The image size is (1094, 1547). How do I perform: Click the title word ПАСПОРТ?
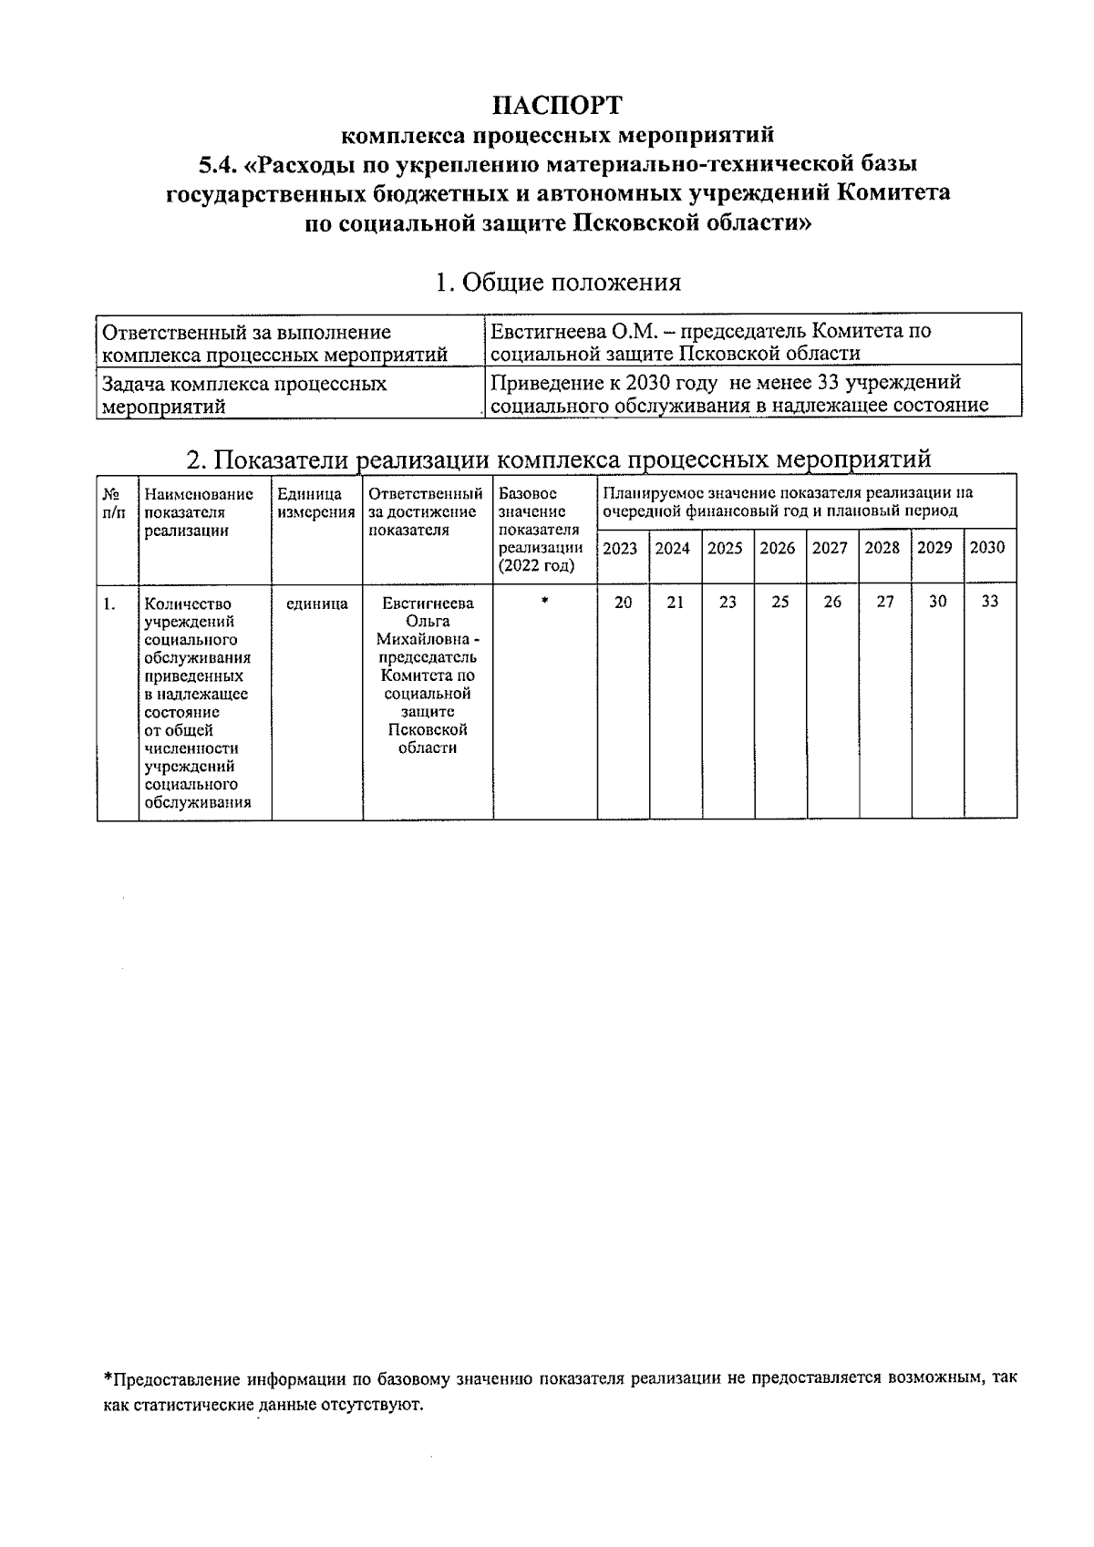click(557, 105)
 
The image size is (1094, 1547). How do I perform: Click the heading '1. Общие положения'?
click(557, 282)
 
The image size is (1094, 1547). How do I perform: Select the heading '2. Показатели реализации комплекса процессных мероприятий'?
click(557, 458)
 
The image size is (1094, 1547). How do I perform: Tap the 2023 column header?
click(620, 549)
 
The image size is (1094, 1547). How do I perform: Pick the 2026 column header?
click(778, 549)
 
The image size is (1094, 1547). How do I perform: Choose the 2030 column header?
click(987, 548)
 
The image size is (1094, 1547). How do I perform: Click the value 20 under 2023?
click(623, 603)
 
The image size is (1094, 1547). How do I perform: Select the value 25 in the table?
click(779, 603)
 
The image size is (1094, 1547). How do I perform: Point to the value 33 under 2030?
click(990, 602)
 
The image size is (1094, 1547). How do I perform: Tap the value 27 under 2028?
click(884, 603)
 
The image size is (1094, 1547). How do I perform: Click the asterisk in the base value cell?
click(544, 602)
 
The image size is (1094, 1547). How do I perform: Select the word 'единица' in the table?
click(316, 603)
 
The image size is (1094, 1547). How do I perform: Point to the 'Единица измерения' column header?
click(315, 503)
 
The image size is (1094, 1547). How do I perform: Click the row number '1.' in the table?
click(109, 603)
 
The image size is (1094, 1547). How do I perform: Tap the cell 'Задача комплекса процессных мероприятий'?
click(244, 395)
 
